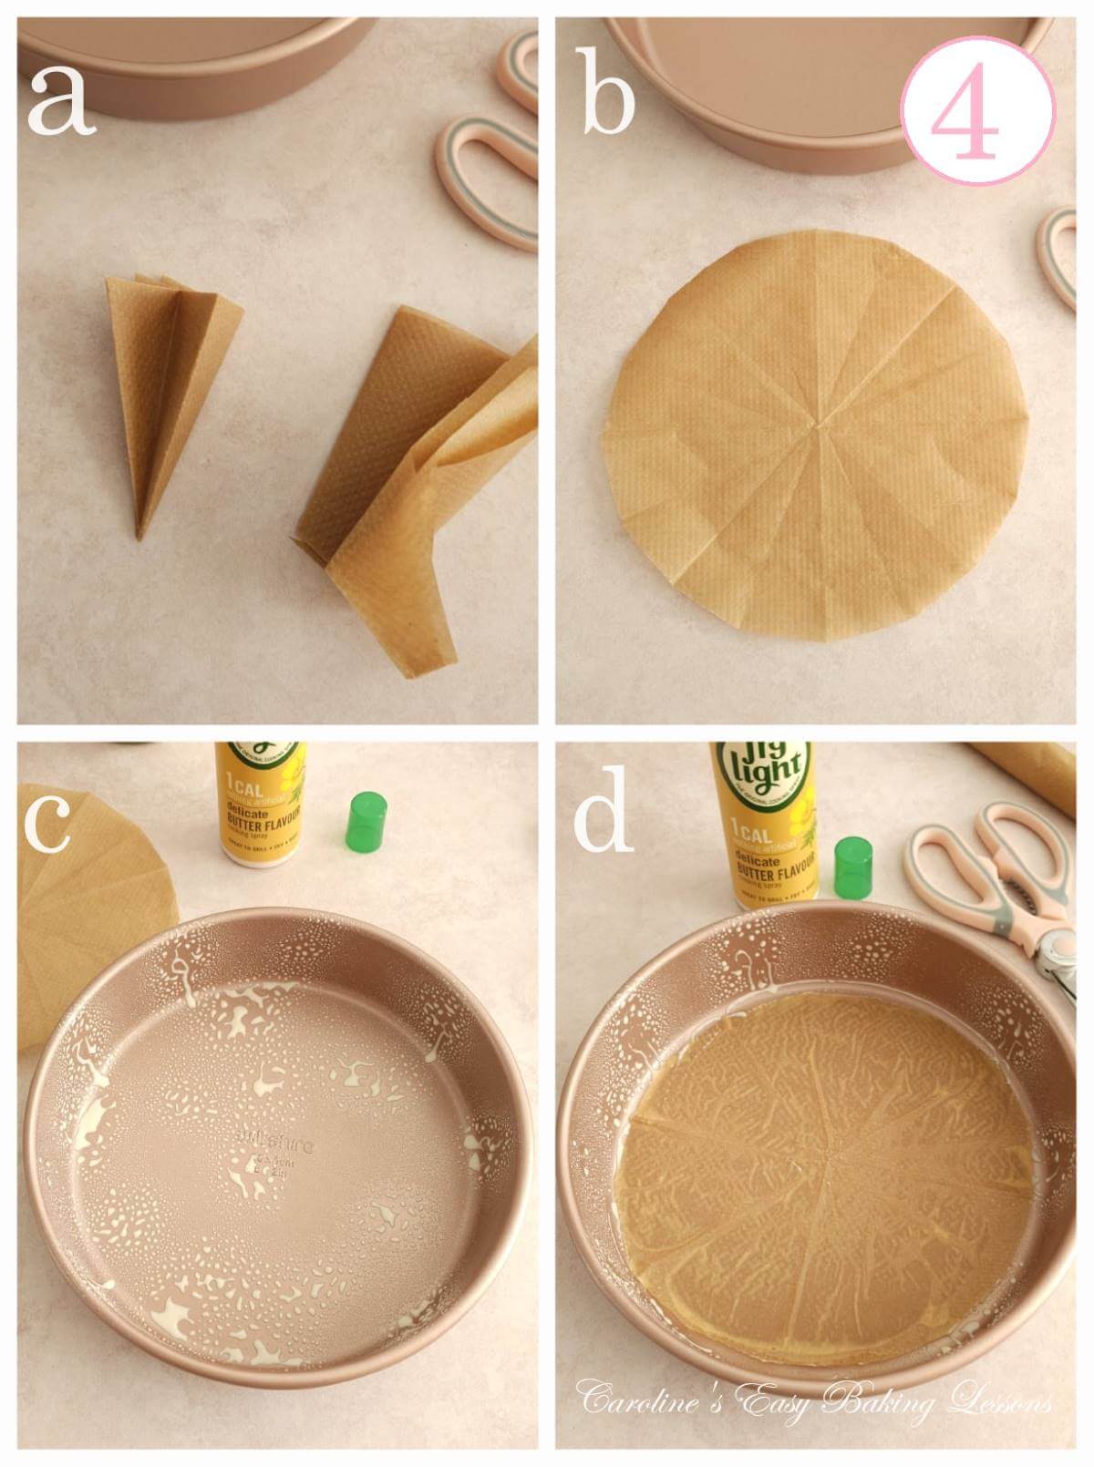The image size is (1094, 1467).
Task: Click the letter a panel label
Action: [61, 102]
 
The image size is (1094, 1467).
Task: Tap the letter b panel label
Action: [608, 102]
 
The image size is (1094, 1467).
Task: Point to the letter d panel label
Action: [604, 820]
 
